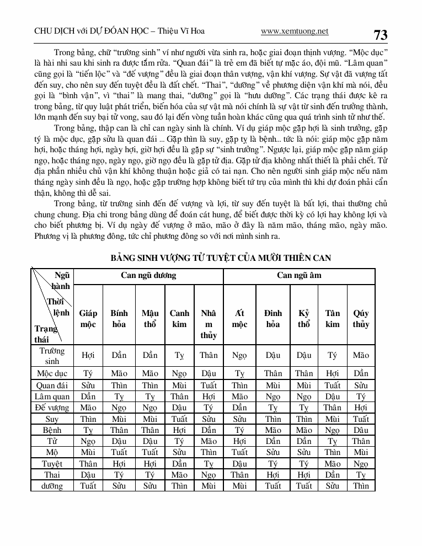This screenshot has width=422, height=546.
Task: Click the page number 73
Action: pos(381,35)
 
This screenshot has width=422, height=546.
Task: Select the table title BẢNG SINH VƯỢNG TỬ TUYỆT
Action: pos(221,258)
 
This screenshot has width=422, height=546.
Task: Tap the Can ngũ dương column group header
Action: pos(149,275)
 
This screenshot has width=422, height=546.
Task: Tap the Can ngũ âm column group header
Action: pos(299,275)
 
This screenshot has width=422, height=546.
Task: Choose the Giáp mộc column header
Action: pos(88,319)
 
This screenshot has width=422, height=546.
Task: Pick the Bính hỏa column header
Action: pos(119,319)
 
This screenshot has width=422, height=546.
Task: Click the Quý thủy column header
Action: pos(361,319)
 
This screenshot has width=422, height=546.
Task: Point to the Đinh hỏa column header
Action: pos(273,319)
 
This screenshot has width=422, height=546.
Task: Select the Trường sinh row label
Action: pos(52,356)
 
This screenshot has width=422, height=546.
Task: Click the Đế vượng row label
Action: pos(52,408)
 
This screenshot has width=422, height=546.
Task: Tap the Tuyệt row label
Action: pos(52,464)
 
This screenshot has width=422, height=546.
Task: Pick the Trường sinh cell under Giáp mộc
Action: pos(88,356)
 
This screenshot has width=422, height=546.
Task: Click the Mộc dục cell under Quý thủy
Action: pos(361,373)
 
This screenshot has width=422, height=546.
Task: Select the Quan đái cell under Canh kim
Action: pos(179,385)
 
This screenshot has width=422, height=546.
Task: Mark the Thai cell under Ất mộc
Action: pos(239,475)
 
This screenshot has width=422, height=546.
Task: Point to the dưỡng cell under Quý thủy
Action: pos(361,486)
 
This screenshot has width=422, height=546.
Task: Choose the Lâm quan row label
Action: pos(52,396)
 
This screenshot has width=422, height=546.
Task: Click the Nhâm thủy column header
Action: pos(209,324)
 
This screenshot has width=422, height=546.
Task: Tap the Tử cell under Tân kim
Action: pos(333,441)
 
